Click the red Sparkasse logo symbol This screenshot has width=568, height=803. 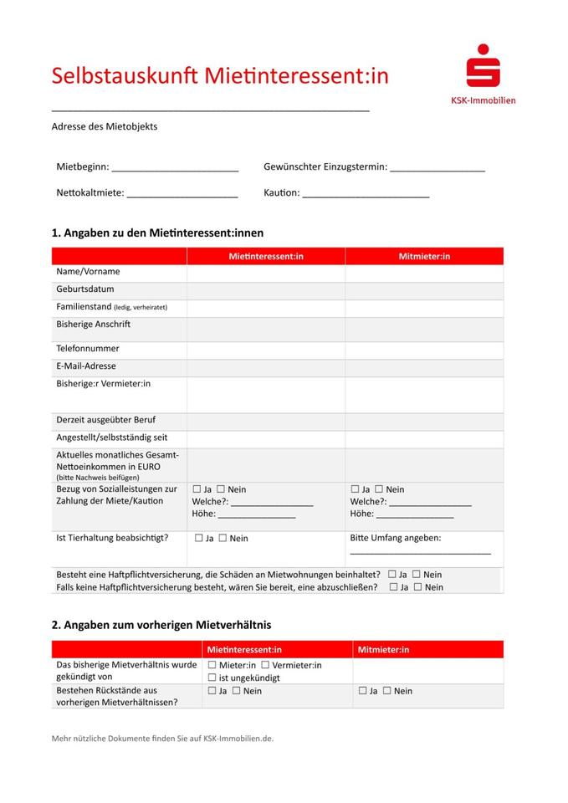tap(484, 67)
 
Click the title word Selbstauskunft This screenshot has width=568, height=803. tap(125, 75)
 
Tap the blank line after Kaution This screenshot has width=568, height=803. tap(366, 196)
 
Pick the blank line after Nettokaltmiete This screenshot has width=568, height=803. tap(182, 196)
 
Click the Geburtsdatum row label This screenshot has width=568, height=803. tap(85, 289)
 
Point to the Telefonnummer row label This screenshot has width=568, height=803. tap(88, 348)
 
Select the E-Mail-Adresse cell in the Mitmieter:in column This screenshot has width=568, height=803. tap(424, 366)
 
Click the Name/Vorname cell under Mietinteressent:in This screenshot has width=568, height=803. tap(265, 272)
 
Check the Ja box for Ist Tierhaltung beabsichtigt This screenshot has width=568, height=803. tap(199, 539)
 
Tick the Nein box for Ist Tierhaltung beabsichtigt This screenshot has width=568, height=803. tap(223, 539)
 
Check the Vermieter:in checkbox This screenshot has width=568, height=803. tap(265, 665)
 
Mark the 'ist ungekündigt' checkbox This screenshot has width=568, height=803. tap(212, 678)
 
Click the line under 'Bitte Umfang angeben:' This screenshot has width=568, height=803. tap(420, 553)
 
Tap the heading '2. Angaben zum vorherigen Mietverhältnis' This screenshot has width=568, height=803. tap(161, 625)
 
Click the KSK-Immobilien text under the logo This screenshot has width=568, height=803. tap(484, 100)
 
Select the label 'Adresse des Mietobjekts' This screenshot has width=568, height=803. tap(105, 127)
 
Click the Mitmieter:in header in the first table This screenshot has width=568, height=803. tap(424, 256)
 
